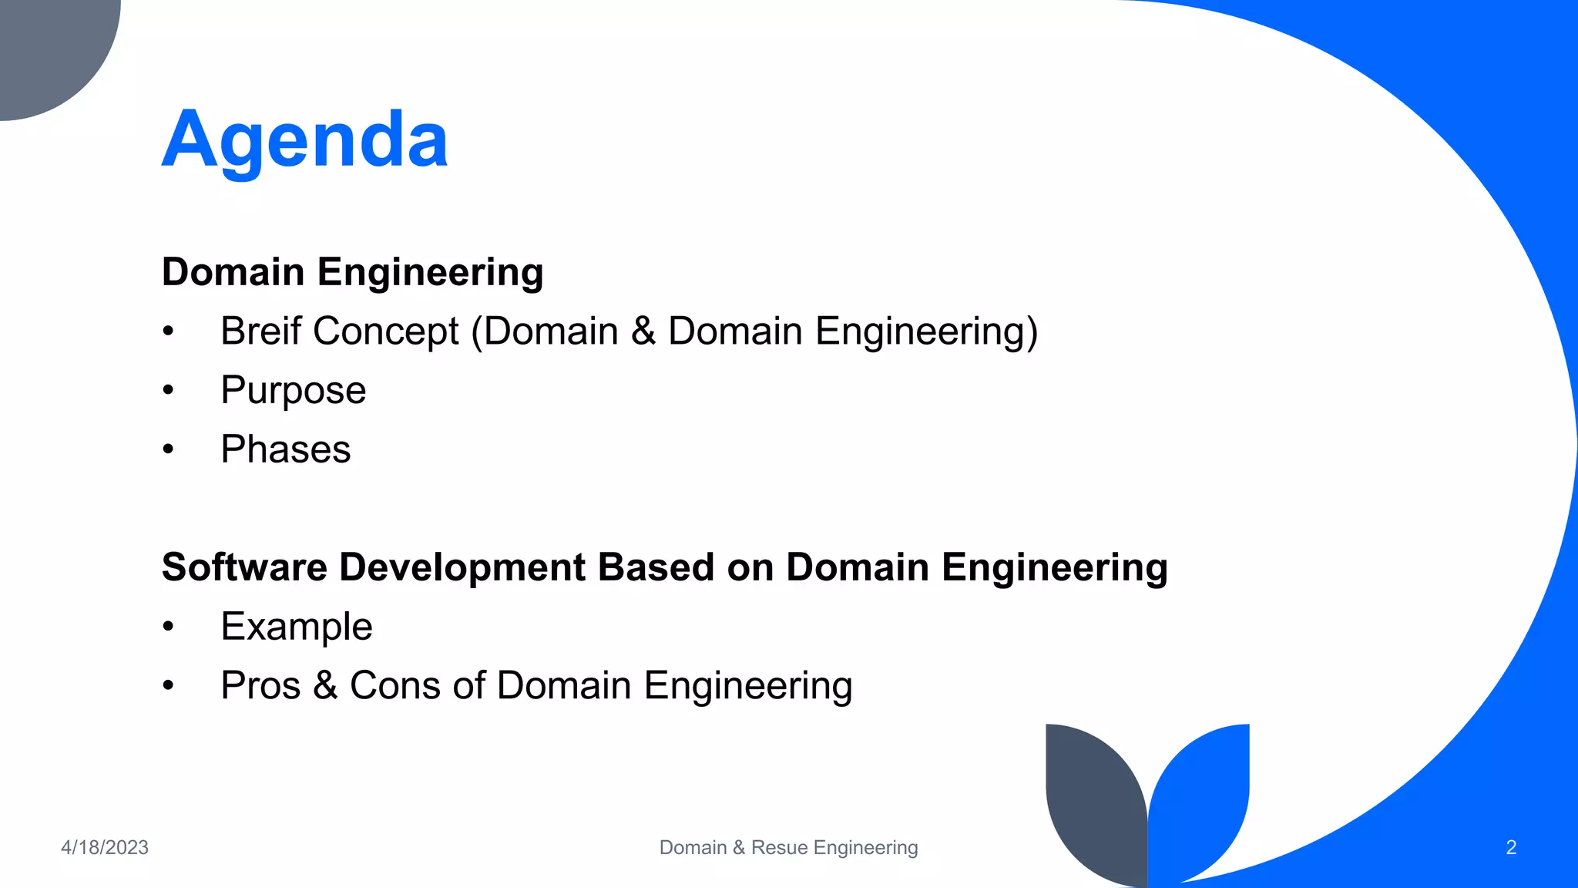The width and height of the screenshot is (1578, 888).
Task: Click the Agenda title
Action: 304,140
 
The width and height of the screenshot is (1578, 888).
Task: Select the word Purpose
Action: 293,390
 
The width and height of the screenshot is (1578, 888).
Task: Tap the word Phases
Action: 285,449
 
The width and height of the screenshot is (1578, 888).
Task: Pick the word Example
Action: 296,627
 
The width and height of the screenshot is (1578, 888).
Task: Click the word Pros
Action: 260,685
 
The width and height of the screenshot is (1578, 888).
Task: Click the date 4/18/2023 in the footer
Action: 105,847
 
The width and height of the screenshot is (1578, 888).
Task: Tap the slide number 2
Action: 1510,847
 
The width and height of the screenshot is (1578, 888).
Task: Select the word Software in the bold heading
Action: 244,567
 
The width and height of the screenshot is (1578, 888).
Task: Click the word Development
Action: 462,567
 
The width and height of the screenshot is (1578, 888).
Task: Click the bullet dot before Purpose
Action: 169,391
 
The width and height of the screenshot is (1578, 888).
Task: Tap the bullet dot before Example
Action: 169,627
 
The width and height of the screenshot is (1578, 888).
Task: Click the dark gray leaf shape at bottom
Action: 1090,802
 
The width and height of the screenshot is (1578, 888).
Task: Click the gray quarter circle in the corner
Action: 46,46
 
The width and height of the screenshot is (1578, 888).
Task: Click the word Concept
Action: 386,331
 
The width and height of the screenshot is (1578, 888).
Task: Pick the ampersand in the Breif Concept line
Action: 643,331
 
